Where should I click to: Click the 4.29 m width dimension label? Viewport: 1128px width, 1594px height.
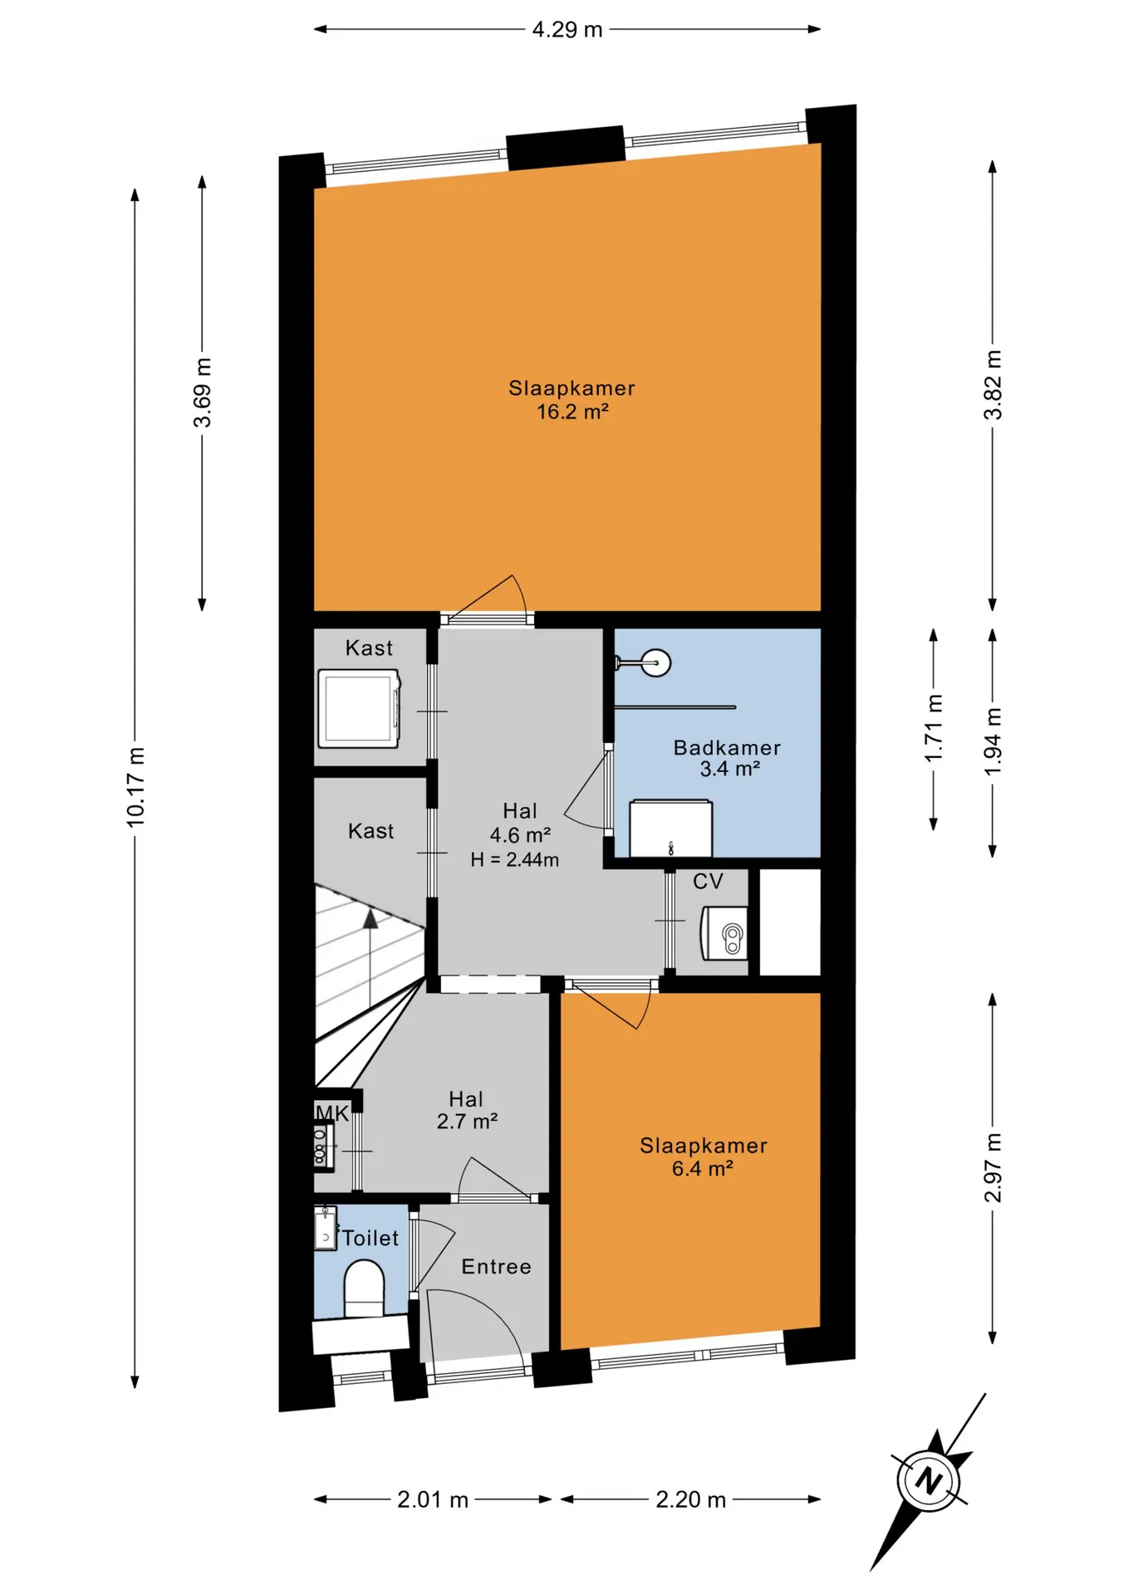coord(567,30)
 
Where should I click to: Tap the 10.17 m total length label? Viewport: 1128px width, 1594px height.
coord(135,787)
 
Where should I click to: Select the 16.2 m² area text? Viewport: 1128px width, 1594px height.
coord(572,412)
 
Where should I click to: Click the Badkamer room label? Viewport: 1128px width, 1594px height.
coord(727,747)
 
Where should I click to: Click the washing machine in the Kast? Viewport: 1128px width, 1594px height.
coord(360,708)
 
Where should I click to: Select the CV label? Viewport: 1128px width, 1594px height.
coord(708,881)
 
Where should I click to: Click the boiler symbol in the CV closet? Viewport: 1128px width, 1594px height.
coord(724,932)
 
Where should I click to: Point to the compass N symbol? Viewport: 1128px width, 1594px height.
coord(929,1480)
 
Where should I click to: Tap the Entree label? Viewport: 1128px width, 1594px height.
coord(496,1266)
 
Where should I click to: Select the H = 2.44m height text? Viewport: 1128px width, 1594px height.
coord(515,859)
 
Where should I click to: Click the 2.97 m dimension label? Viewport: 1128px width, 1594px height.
coord(993,1168)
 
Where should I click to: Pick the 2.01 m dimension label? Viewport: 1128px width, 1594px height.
coord(433,1499)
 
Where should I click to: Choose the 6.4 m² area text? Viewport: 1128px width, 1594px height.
coord(703,1169)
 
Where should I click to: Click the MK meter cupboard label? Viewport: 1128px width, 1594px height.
coord(332,1113)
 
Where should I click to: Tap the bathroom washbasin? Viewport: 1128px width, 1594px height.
coord(670,828)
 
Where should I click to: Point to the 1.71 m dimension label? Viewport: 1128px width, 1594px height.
coord(934,728)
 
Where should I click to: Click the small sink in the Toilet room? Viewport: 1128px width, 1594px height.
coord(325,1228)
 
